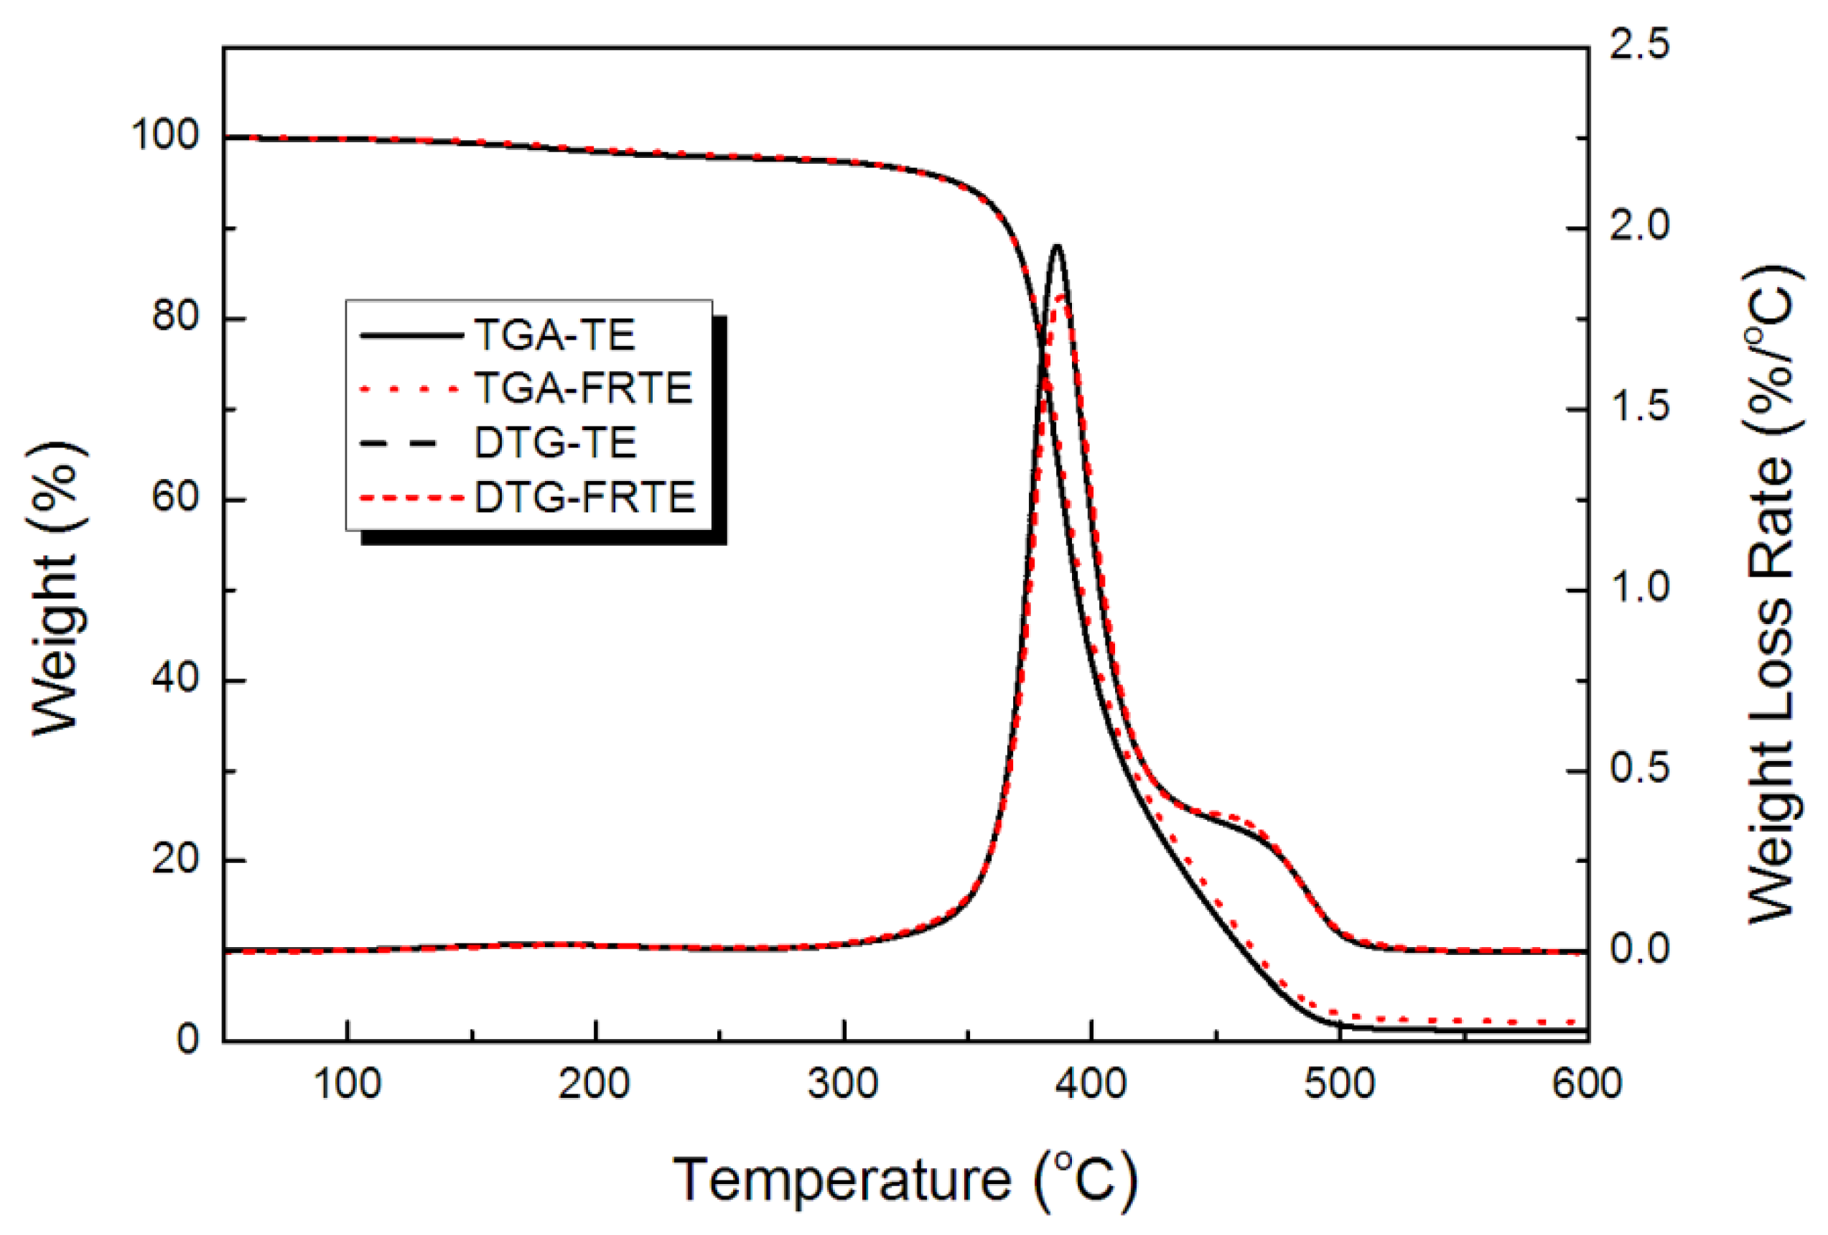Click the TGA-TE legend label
pyautogui.click(x=554, y=335)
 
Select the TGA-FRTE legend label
pyautogui.click(x=583, y=388)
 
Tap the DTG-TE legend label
pyautogui.click(x=555, y=443)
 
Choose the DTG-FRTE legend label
pyautogui.click(x=584, y=497)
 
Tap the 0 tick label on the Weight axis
pyautogui.click(x=188, y=1040)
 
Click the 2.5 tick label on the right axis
pyautogui.click(x=1639, y=45)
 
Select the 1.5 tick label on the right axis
pyautogui.click(x=1639, y=407)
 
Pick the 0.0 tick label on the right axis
pyautogui.click(x=1639, y=949)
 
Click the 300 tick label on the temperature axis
pyautogui.click(x=842, y=1085)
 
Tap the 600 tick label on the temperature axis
pyautogui.click(x=1587, y=1085)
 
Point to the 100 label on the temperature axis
pyautogui.click(x=347, y=1085)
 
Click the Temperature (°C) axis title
pyautogui.click(x=905, y=1180)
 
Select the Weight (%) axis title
pyautogui.click(x=57, y=589)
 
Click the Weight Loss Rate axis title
pyautogui.click(x=1771, y=595)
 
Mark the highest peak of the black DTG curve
pyautogui.click(x=1056, y=246)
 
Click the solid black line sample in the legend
pyautogui.click(x=411, y=336)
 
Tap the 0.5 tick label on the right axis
pyautogui.click(x=1639, y=769)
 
